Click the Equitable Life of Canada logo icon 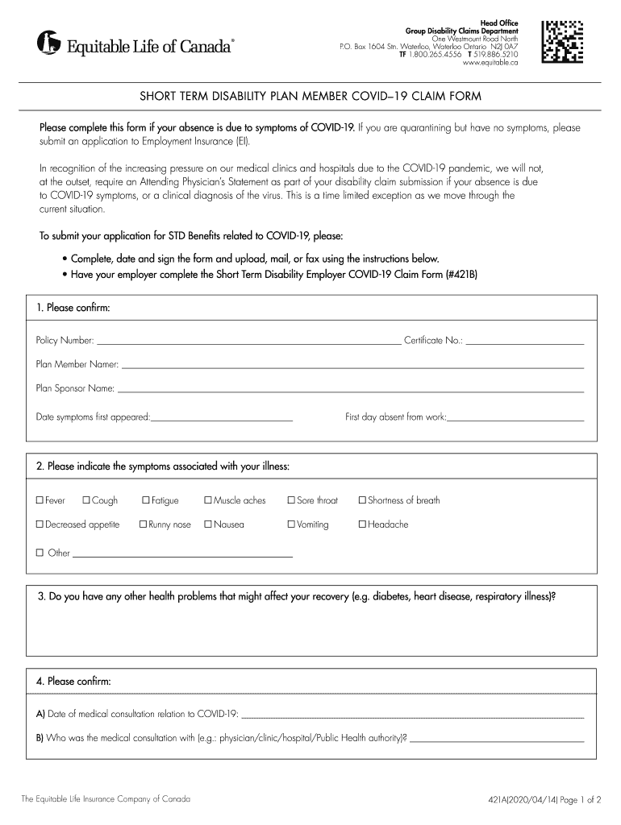pyautogui.click(x=48, y=43)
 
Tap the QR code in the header pyautogui.click(x=562, y=39)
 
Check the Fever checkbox pyautogui.click(x=39, y=501)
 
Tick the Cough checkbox pyautogui.click(x=86, y=501)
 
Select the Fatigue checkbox pyautogui.click(x=145, y=501)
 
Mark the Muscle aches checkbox pyautogui.click(x=208, y=501)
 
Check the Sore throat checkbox pyautogui.click(x=291, y=501)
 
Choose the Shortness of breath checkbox pyautogui.click(x=362, y=501)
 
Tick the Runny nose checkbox pyautogui.click(x=143, y=525)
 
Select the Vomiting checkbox pyautogui.click(x=291, y=525)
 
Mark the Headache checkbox pyautogui.click(x=362, y=525)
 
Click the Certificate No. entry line pyautogui.click(x=524, y=342)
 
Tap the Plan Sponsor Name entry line pyautogui.click(x=350, y=392)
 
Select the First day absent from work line pyautogui.click(x=515, y=420)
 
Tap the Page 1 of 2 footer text pyautogui.click(x=577, y=800)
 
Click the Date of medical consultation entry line pyautogui.click(x=413, y=715)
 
